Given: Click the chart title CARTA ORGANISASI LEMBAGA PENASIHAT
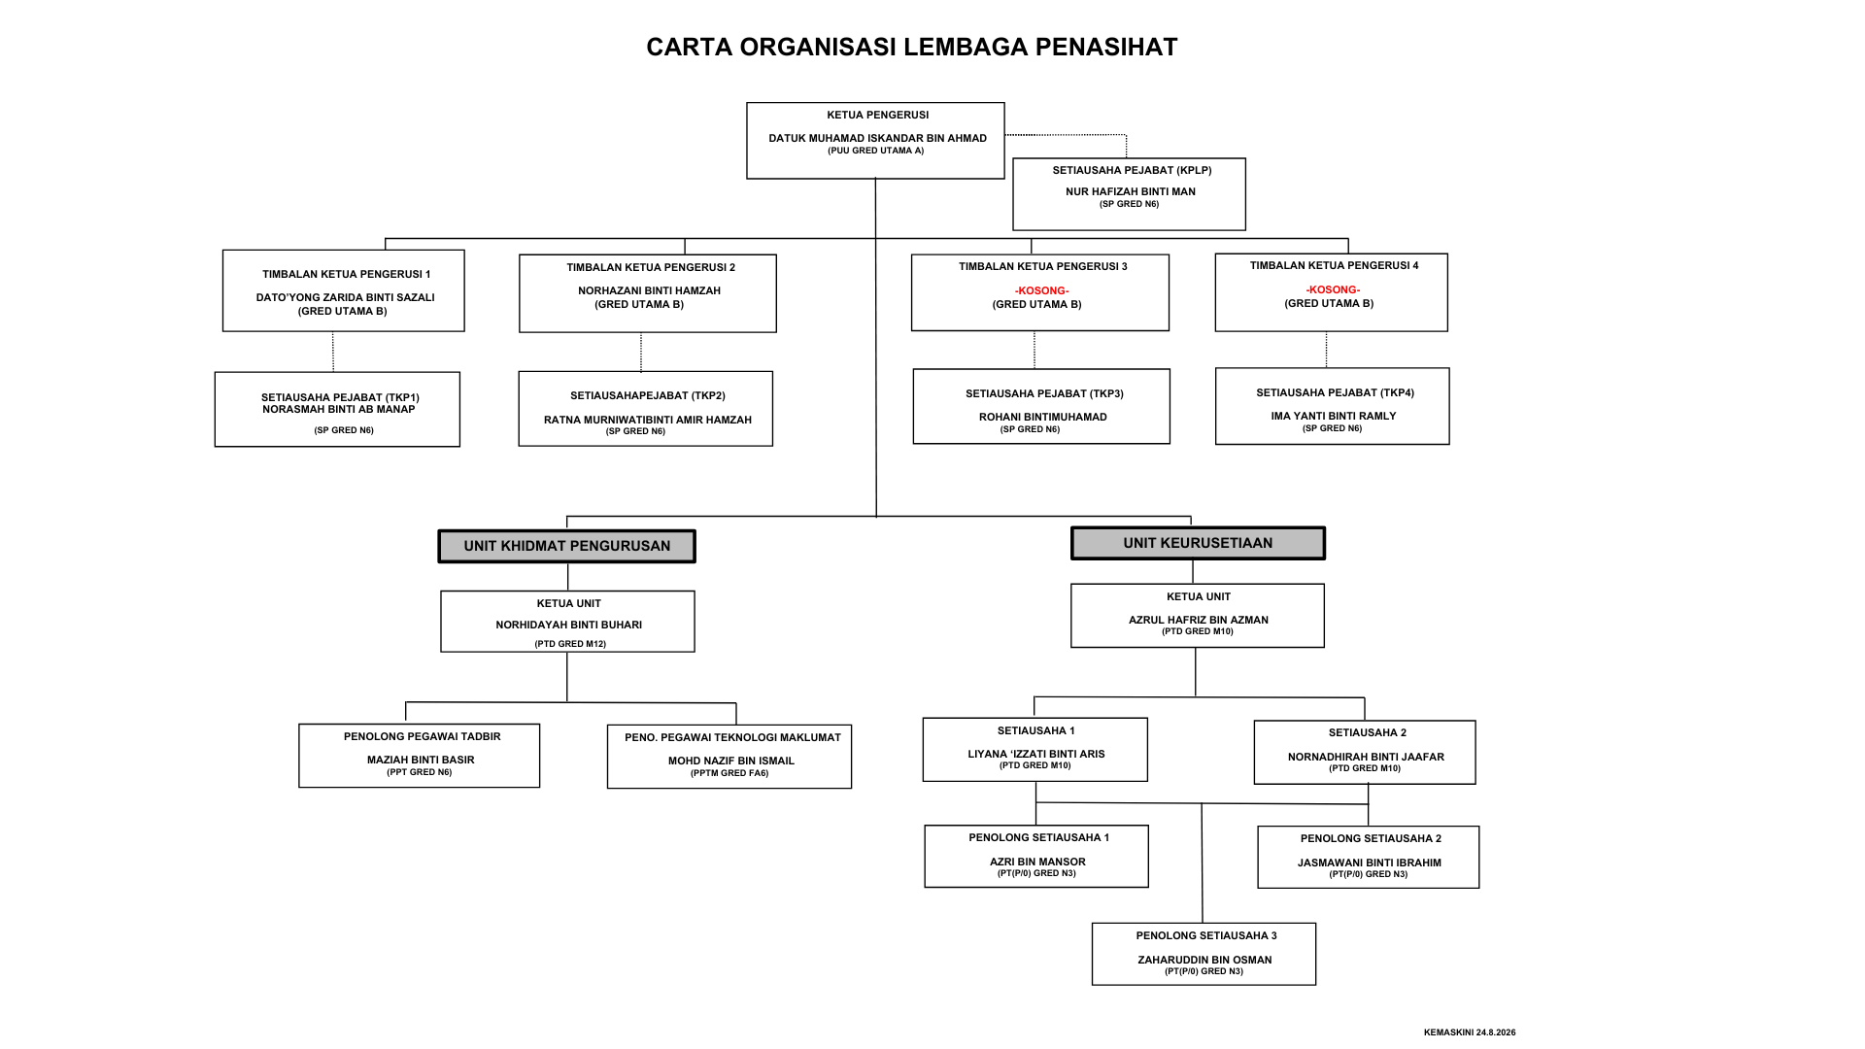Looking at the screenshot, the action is [912, 47].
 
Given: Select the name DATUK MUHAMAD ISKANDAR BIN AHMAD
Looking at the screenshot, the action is [877, 138].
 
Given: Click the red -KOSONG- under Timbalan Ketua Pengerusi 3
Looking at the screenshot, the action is [1041, 290].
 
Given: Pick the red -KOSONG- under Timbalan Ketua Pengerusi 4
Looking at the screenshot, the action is [1333, 289].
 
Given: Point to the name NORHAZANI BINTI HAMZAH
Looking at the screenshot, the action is [649, 290].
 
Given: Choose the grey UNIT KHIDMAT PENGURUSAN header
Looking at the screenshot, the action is [567, 546].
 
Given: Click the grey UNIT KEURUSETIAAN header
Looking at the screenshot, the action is [1198, 543].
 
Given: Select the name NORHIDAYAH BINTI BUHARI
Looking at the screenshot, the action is [568, 625].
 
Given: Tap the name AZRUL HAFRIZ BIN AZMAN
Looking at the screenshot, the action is [1198, 620].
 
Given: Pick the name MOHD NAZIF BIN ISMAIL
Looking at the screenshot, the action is [730, 761].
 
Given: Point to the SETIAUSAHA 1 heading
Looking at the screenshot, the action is [1035, 730].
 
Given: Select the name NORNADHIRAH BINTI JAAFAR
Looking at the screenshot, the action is [1366, 757].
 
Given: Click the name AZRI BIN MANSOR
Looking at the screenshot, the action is [1037, 862].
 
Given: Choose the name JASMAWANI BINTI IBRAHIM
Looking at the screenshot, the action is [1369, 863].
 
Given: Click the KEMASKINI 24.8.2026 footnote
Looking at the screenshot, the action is [1470, 1032].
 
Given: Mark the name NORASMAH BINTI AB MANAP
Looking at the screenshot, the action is [338, 409].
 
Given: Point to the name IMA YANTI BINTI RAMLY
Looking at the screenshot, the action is [1333, 416].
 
